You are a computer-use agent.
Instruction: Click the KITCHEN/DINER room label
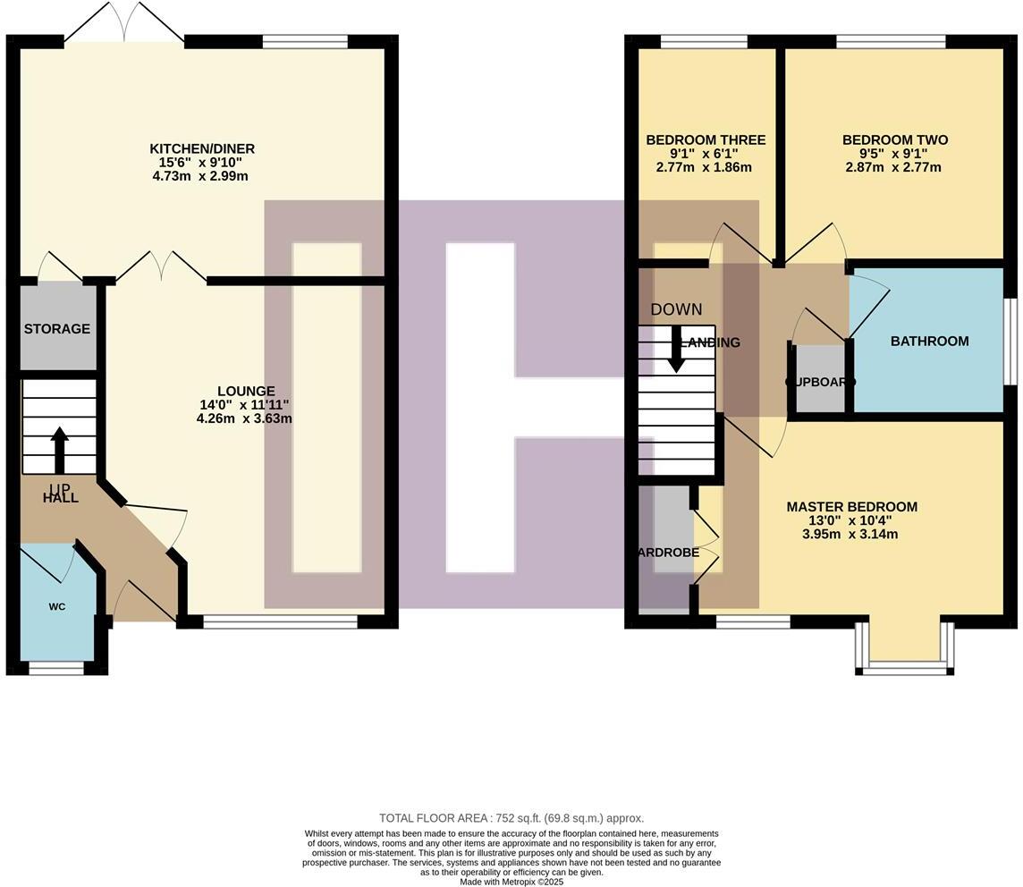click(x=201, y=148)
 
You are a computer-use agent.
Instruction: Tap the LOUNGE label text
click(x=246, y=391)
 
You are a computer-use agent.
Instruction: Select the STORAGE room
click(x=57, y=328)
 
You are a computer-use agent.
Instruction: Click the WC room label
click(x=57, y=606)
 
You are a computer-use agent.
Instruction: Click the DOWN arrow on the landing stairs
click(x=676, y=350)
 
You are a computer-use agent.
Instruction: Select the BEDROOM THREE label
click(x=706, y=139)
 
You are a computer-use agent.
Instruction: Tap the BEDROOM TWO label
click(x=894, y=139)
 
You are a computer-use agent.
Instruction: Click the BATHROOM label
click(x=929, y=341)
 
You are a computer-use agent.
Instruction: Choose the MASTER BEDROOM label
click(x=851, y=506)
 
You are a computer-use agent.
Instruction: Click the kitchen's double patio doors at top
click(x=124, y=22)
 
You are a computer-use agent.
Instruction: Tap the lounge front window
click(x=280, y=621)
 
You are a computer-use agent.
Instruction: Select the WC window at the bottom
click(x=56, y=667)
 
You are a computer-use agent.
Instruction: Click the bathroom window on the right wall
click(x=1010, y=341)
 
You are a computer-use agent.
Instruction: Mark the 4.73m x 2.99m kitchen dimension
click(x=200, y=176)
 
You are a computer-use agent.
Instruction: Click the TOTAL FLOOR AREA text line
click(x=511, y=817)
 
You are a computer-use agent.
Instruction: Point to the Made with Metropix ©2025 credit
click(x=511, y=881)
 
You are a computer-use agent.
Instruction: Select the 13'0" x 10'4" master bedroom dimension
click(x=851, y=520)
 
